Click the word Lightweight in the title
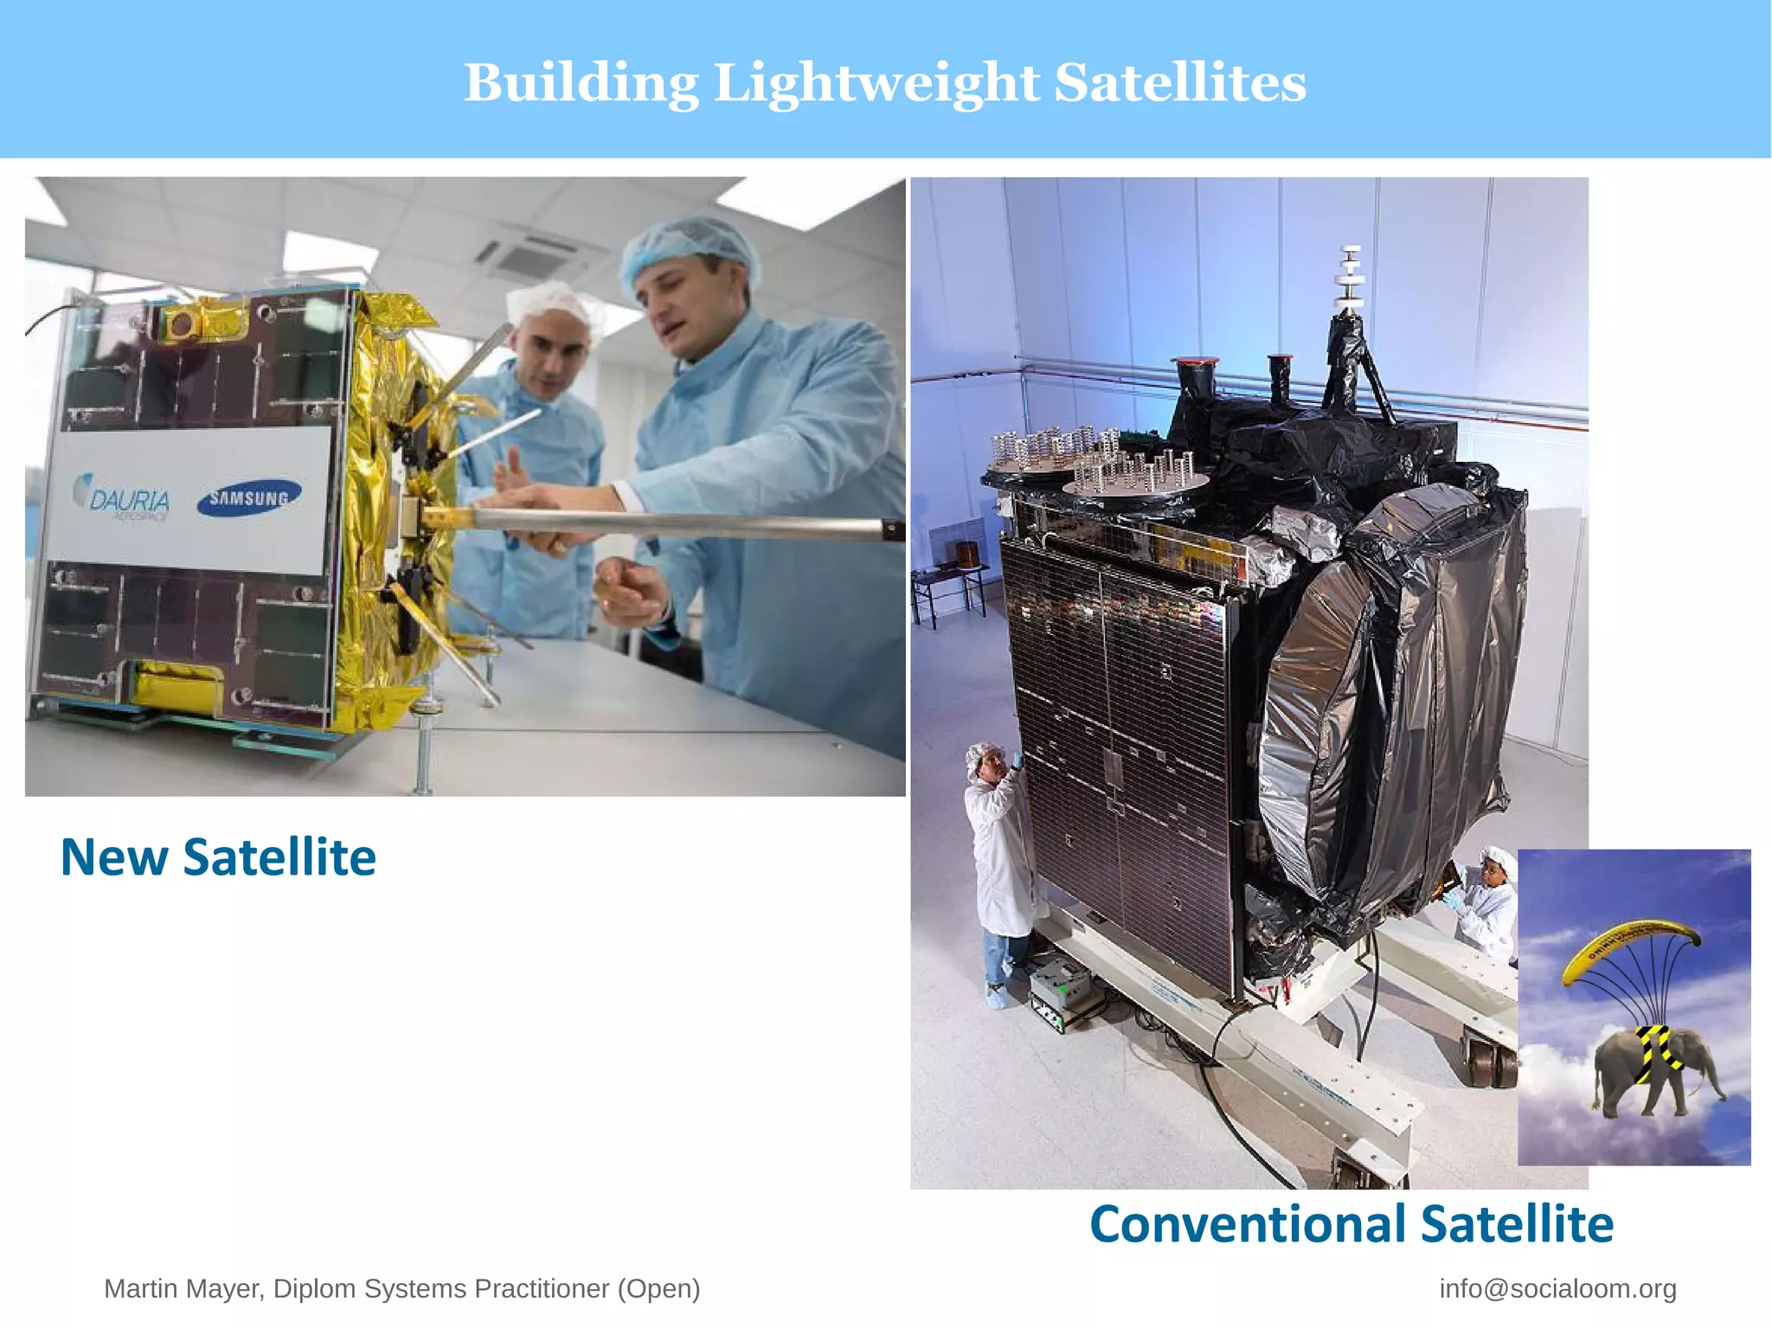click(x=876, y=84)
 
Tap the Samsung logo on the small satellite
click(x=248, y=497)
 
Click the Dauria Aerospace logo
click(x=125, y=497)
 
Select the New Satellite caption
click(x=218, y=857)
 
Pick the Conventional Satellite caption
click(x=1351, y=1224)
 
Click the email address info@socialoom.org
click(x=1557, y=1288)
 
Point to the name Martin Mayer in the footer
click(x=183, y=1288)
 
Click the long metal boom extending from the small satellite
click(x=675, y=523)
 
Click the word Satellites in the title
click(x=1180, y=84)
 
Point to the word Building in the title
click(x=581, y=84)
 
